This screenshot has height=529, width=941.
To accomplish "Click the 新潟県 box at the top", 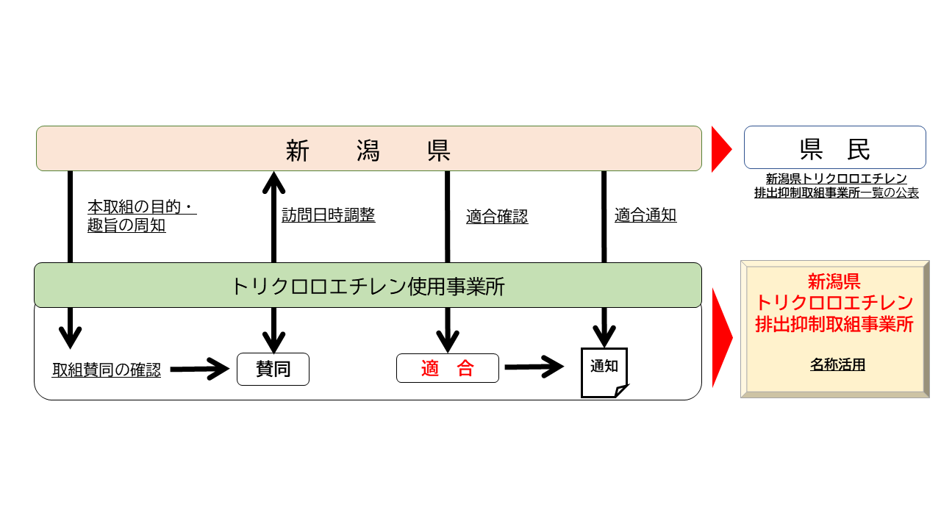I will point(368,149).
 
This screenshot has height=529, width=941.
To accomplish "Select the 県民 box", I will point(834,148).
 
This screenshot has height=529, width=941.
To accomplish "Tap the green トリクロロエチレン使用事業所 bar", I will point(368,285).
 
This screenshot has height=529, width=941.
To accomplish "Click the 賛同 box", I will point(273,369).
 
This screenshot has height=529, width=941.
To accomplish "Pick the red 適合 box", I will point(447,368).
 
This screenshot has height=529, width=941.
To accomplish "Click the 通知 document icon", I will point(604,372).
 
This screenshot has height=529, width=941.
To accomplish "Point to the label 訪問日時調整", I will point(328,215).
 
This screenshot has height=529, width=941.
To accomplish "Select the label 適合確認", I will point(497,217).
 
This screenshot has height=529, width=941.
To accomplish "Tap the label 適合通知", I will point(645,215).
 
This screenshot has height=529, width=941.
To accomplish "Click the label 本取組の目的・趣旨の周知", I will point(141,217).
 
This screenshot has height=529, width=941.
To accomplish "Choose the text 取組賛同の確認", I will point(107,370).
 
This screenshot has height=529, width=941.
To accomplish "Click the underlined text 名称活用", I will point(837,364).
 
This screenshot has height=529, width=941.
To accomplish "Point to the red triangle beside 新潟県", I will point(720,149).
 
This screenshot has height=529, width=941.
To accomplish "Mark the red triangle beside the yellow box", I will point(721,337).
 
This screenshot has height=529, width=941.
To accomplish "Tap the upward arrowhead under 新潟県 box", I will point(273,181).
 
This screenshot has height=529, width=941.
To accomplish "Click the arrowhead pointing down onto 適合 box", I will point(447,342).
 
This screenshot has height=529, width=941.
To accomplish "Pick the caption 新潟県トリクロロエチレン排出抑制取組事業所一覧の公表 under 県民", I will point(836,186).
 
